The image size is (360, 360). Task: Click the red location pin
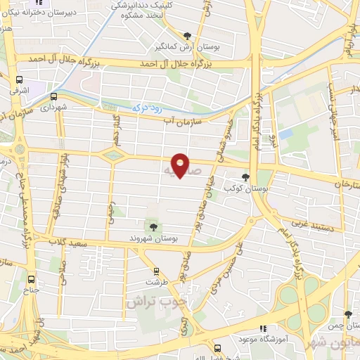pos(181,165)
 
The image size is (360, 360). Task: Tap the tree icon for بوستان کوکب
pos(245,178)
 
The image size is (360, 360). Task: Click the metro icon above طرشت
pos(156,271)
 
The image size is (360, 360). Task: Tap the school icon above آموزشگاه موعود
pos(264,328)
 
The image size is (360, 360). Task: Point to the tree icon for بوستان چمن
pos(347,315)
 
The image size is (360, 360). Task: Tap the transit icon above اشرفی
pos(19,79)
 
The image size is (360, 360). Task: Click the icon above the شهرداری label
pos(53,96)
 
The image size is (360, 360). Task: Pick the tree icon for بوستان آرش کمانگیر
pos(186,35)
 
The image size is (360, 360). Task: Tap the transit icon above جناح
pos(32,278)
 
